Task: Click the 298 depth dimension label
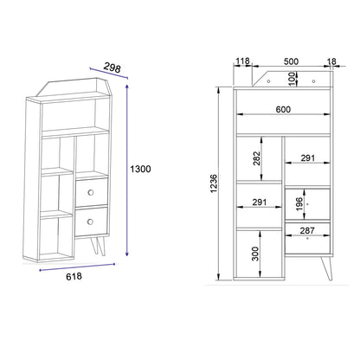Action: coord(112,67)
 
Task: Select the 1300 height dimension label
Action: coord(140,169)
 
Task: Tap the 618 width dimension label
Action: coord(74,276)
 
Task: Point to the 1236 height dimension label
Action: coord(214,183)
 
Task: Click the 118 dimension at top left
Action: coord(242,61)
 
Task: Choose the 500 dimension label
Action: coord(291,61)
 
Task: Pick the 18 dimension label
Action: coord(331,61)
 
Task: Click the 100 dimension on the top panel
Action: coord(292,79)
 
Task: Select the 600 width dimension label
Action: coord(283,110)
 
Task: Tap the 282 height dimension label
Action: coord(256,158)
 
